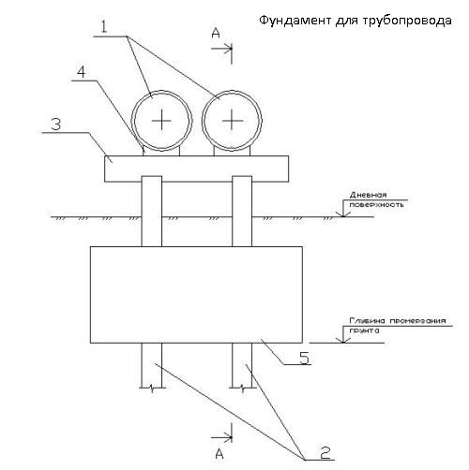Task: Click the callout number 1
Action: [x=104, y=27]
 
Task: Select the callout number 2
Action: [x=325, y=452]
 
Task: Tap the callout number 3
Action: [x=56, y=125]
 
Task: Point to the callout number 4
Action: [x=82, y=72]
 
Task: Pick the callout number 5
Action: [x=305, y=358]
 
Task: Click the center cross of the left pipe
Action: [x=161, y=120]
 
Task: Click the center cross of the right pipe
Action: [x=232, y=120]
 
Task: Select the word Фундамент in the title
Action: [x=295, y=21]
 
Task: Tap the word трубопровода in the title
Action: [x=408, y=22]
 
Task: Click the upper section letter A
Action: [x=216, y=33]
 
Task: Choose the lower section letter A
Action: [x=219, y=453]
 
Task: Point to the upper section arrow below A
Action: [x=221, y=49]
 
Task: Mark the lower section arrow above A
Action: [x=221, y=437]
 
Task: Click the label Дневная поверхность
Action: [x=376, y=199]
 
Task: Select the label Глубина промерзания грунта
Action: [x=398, y=325]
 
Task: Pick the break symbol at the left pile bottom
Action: [x=152, y=389]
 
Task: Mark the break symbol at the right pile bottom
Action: [x=243, y=389]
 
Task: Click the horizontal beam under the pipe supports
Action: [x=196, y=169]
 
